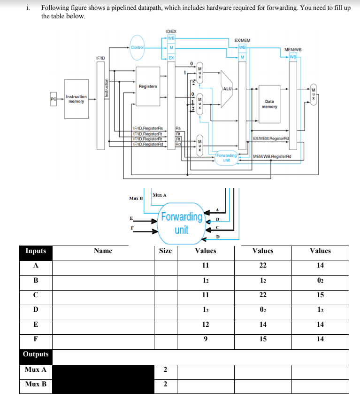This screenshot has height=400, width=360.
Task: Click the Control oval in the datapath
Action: point(138,47)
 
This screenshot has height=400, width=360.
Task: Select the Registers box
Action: point(148,86)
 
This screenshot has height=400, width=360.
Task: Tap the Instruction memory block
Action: point(76,99)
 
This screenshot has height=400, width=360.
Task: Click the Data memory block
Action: point(269,104)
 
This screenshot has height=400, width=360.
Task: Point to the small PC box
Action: point(54,99)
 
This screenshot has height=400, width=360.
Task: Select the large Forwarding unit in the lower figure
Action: point(181,223)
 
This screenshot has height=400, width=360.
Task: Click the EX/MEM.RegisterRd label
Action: point(271,138)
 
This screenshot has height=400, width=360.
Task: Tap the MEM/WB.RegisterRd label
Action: point(272,157)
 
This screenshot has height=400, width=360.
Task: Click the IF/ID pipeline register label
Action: point(100,57)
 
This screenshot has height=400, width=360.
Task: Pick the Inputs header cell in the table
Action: point(36,251)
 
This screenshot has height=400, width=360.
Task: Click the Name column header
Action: point(103,251)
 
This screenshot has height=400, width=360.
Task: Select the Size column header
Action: point(165,251)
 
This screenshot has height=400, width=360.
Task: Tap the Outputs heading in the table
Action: point(36,354)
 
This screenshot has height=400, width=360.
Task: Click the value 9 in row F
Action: point(205,338)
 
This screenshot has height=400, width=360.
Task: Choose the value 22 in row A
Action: point(263,265)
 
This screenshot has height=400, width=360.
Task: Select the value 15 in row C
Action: point(320,295)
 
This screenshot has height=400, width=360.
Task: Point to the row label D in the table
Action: point(36,309)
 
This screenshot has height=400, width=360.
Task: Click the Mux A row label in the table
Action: point(36,369)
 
